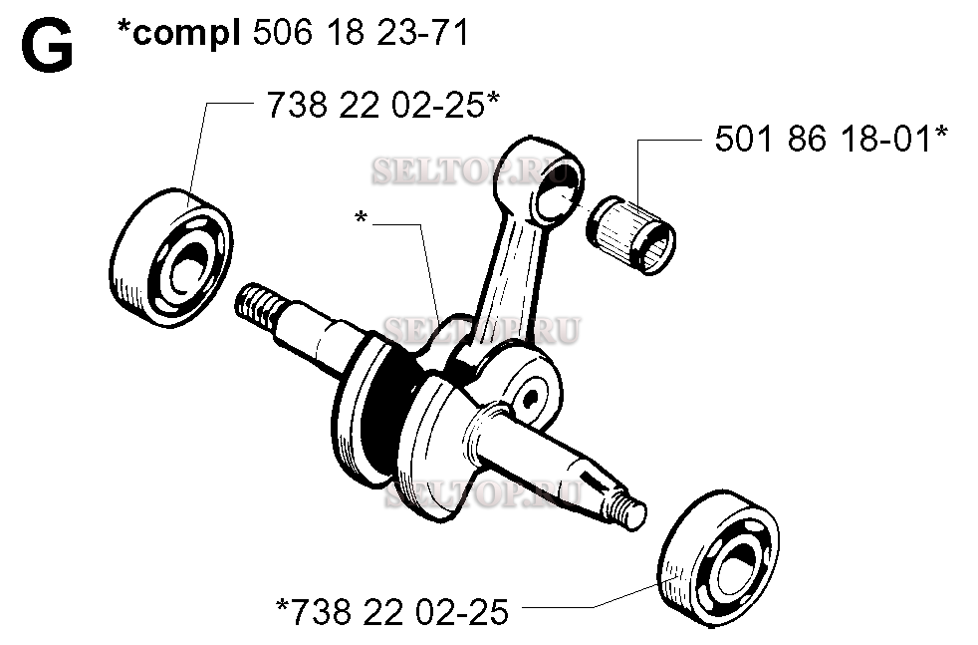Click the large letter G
[x=47, y=47]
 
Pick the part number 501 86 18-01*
[x=831, y=140]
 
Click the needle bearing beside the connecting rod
[x=633, y=232]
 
